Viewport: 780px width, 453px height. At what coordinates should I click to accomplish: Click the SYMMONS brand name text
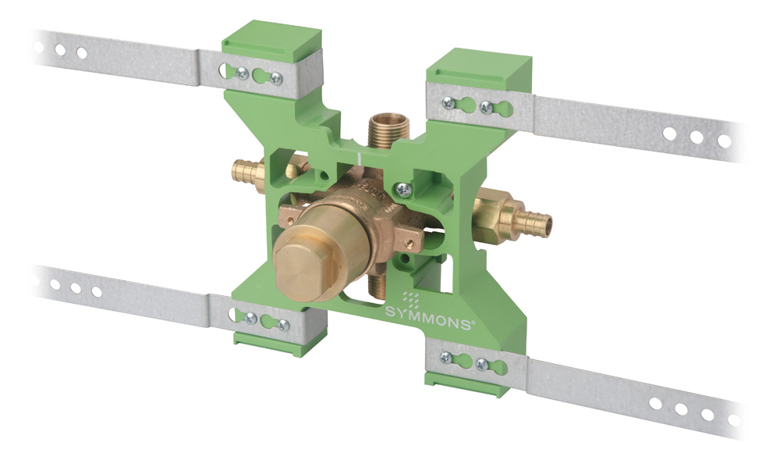[427, 319]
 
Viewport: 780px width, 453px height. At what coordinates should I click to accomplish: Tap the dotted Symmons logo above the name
[410, 300]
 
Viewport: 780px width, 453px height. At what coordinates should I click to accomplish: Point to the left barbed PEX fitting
[247, 170]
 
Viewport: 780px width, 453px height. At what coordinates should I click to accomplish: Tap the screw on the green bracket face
[402, 189]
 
